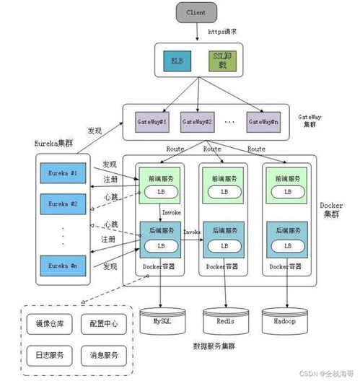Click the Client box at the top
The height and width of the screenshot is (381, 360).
(x=196, y=12)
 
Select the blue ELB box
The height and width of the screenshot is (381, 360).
(x=176, y=59)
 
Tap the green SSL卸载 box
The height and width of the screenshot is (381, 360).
(x=221, y=59)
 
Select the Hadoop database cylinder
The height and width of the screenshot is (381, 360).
(x=286, y=319)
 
